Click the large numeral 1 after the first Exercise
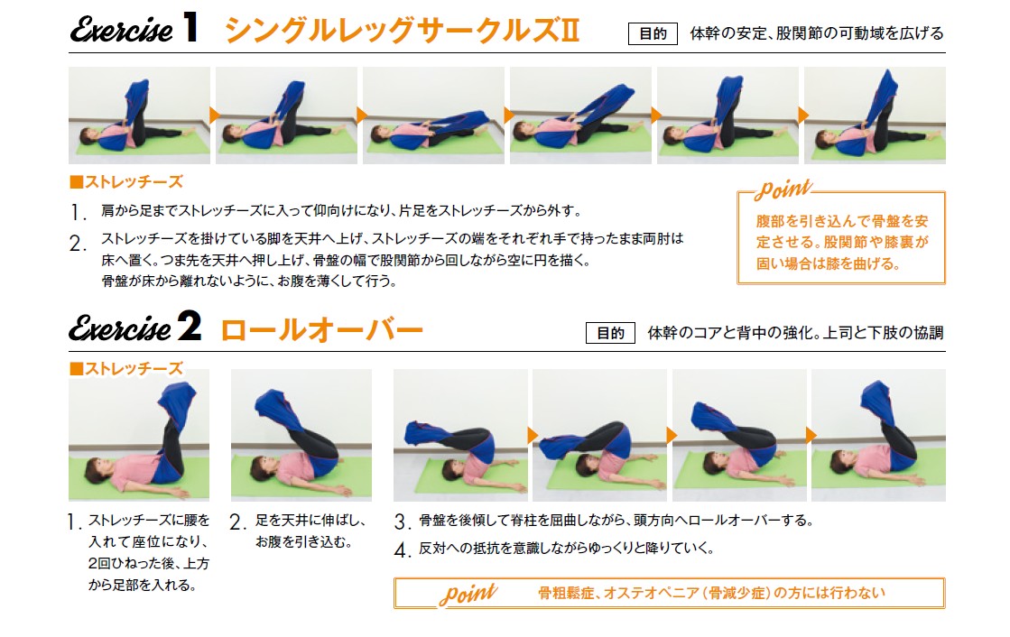point(190,27)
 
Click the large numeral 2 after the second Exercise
point(190,326)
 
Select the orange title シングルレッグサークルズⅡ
point(403,31)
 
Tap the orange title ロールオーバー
point(321,329)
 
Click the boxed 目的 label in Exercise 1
point(653,33)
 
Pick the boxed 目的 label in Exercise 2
point(610,333)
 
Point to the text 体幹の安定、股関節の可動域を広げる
point(816,33)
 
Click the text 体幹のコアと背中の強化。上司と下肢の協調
point(795,333)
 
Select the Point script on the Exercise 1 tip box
point(783,189)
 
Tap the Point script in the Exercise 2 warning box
point(468,593)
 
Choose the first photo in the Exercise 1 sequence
point(139,115)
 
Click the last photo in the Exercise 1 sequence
point(875,115)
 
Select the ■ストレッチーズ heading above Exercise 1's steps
point(126,181)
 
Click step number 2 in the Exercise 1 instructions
point(78,243)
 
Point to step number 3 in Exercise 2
point(402,522)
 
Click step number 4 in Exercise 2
point(402,549)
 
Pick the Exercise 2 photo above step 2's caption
point(301,435)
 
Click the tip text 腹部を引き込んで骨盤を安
point(842,222)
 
